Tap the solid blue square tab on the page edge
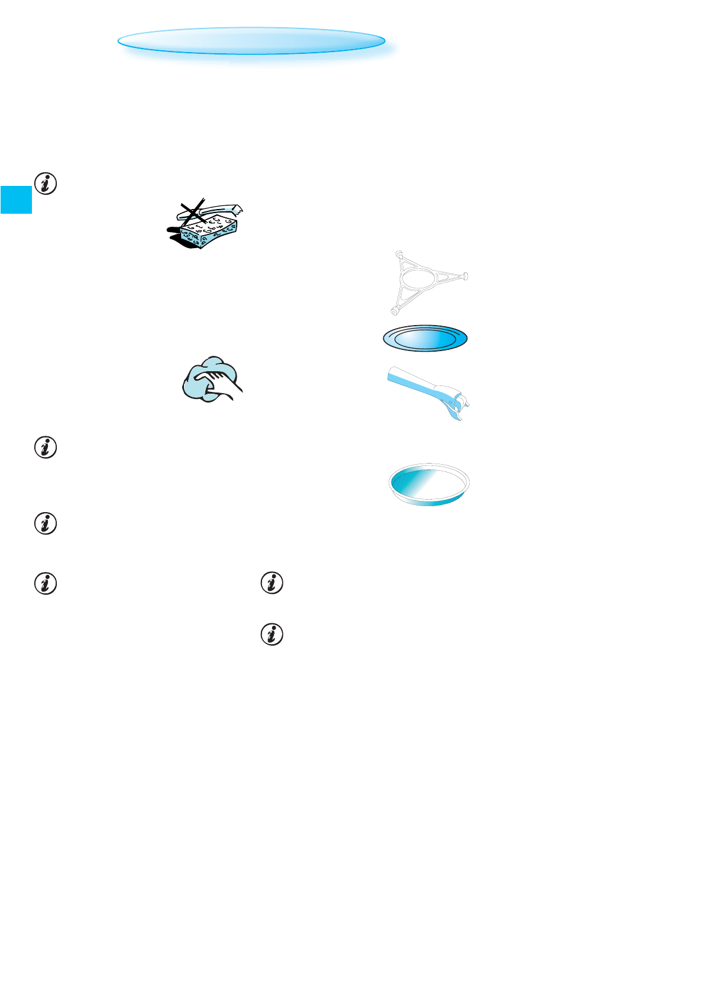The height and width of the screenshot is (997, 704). coord(15,199)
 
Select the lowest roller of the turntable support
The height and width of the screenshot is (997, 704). coord(393,310)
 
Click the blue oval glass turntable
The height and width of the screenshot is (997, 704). coord(425,339)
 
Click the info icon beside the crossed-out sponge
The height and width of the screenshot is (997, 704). coord(46,184)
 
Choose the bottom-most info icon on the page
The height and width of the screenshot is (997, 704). coord(272,635)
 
